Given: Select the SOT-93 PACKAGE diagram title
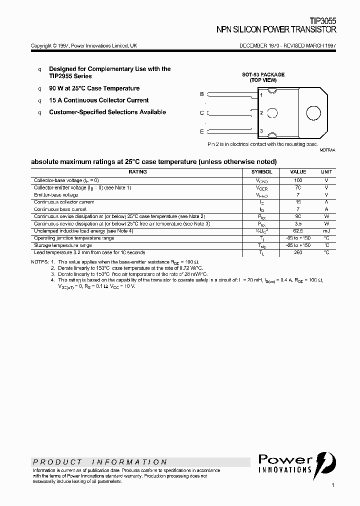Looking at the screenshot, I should (x=263, y=74).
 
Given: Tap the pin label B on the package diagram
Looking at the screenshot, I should (x=202, y=94).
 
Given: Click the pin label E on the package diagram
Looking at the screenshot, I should (x=202, y=131).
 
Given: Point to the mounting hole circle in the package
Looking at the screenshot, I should (x=313, y=113).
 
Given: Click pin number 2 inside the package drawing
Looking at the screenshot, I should (x=261, y=113).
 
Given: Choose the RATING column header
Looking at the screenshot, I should (x=137, y=171).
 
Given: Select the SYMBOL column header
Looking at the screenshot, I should (x=261, y=171).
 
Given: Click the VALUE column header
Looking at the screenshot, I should (x=298, y=171).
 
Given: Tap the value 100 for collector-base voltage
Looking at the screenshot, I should (x=298, y=179).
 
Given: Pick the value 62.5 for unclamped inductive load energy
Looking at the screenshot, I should (x=298, y=231).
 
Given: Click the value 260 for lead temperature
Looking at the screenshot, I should (x=298, y=252).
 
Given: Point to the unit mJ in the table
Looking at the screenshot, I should (x=326, y=231).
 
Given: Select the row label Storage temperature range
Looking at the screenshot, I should (x=63, y=245).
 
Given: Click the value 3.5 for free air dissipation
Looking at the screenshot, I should (x=298, y=223).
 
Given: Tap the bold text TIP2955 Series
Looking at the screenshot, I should (x=70, y=76).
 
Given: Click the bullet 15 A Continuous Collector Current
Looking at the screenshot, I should (x=98, y=100).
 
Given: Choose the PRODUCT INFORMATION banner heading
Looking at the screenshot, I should (x=100, y=462).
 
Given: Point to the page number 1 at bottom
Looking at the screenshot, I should (x=333, y=485).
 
